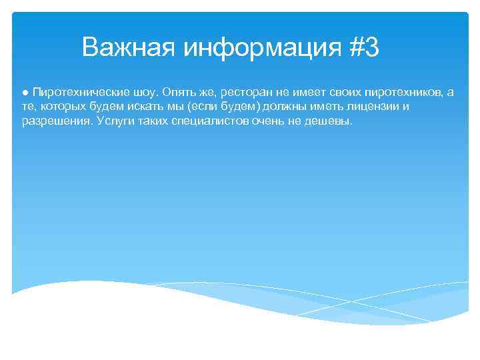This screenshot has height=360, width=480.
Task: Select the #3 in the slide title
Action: point(363,48)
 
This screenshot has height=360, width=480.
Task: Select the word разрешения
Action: point(56,122)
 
